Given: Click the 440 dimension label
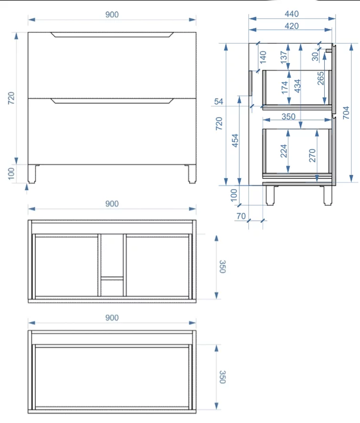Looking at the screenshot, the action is coord(292,14).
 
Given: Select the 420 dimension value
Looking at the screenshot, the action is coord(292,26).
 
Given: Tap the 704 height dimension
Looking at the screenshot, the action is coord(346,113).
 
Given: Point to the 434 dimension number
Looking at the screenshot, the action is coord(298,86).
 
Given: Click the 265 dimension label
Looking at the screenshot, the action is coord(320,78).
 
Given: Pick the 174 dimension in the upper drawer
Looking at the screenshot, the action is coord(284,88).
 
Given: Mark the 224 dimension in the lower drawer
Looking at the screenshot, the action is coord(284,151).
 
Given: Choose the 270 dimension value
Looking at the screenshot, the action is coord(312,155).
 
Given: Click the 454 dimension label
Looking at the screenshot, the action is coord(235,141).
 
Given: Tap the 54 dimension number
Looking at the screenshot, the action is coord(219,101).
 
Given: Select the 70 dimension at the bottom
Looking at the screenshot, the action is coord(241,216).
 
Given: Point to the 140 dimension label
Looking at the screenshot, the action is coord(263,57).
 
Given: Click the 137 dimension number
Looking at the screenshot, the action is coord(284,57).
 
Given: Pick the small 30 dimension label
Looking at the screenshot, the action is coord(315,57).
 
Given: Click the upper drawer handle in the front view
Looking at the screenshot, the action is coord(112,34).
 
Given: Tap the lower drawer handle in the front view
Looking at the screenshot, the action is coord(112,101).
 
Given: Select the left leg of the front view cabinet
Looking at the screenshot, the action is coord(32,174).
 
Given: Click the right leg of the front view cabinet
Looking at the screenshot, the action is coord(192,174).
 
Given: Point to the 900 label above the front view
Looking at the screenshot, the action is coord(112,15).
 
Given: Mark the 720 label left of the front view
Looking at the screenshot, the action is coord(11,98).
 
